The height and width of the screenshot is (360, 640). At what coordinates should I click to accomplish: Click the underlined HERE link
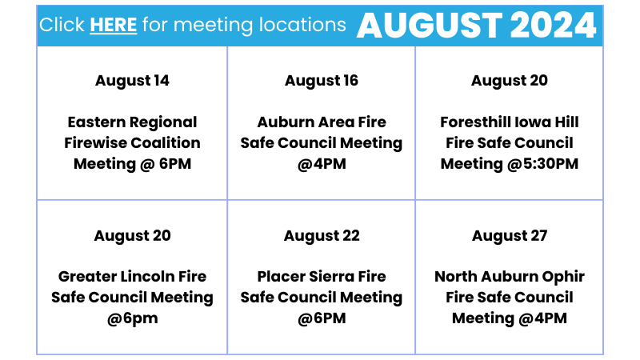113,25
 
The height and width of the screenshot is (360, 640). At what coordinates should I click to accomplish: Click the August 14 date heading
132,81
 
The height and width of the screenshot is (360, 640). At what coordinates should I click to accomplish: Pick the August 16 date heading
322,81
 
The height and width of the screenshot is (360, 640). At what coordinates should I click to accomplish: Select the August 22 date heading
322,236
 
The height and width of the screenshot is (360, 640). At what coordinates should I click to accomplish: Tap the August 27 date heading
510,236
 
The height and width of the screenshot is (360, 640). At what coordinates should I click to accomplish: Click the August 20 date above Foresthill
510,81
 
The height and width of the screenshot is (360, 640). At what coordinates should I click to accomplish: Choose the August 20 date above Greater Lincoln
132,236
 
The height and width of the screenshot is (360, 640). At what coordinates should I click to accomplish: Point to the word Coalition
166,143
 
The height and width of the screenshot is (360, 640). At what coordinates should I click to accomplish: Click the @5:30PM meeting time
542,164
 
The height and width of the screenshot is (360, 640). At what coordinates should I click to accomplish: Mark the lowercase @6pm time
132,318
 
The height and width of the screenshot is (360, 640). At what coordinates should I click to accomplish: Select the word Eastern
95,122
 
